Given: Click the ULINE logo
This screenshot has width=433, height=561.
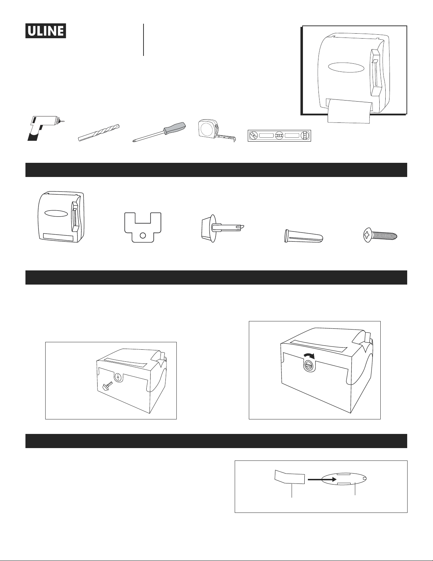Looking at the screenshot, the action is point(46,31).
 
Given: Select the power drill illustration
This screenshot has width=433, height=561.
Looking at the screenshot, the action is point(45,128).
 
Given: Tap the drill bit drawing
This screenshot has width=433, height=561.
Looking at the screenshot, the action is point(99,133).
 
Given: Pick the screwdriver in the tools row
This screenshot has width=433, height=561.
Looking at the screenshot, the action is point(159,132).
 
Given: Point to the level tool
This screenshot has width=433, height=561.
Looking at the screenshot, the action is point(279,136).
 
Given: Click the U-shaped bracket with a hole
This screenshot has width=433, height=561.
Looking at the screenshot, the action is point(143,227).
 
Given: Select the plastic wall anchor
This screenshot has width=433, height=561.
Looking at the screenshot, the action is point(304,235).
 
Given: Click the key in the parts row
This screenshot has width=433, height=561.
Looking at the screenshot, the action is point(222,228).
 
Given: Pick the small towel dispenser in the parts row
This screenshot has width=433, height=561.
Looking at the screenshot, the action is point(61,217).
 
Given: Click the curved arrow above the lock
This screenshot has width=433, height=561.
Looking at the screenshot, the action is point(309,356).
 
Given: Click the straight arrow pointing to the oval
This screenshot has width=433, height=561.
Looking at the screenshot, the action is point(322,480).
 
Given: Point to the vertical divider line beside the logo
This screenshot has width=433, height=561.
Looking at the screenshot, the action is point(143,40).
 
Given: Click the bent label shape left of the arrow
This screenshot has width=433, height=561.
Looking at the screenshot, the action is point(290,477).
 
